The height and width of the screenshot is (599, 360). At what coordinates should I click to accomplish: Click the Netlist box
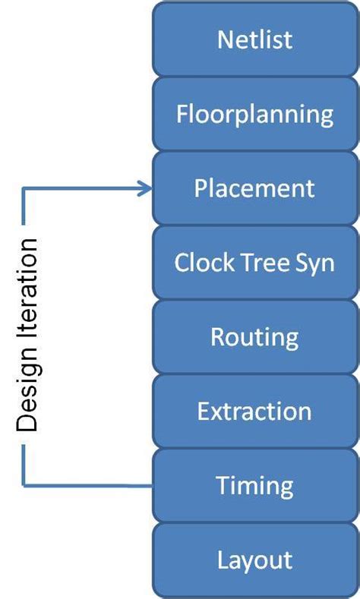pyautogui.click(x=254, y=39)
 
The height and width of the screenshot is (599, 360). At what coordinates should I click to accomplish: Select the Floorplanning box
pyautogui.click(x=254, y=114)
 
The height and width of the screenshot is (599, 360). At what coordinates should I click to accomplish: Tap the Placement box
pyautogui.click(x=254, y=188)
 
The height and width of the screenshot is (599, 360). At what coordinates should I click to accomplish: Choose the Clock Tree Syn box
pyautogui.click(x=254, y=262)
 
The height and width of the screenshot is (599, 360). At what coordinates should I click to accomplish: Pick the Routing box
pyautogui.click(x=254, y=336)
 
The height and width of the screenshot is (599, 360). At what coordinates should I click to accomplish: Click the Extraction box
pyautogui.click(x=254, y=411)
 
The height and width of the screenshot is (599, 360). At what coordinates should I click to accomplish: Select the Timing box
pyautogui.click(x=254, y=485)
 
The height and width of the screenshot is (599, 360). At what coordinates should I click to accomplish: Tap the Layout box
pyautogui.click(x=254, y=560)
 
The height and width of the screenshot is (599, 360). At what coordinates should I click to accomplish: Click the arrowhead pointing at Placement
pyautogui.click(x=145, y=188)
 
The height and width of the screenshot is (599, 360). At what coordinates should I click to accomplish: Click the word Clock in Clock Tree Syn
pyautogui.click(x=200, y=263)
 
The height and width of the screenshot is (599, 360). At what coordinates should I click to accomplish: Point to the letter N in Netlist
pyautogui.click(x=225, y=39)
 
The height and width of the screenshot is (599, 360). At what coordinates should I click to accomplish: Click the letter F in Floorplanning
pyautogui.click(x=182, y=114)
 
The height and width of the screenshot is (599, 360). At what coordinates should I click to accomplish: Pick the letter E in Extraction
pyautogui.click(x=204, y=411)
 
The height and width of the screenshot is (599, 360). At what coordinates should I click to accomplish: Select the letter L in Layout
pyautogui.click(x=223, y=560)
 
